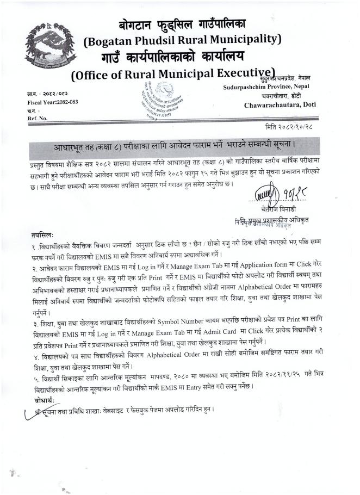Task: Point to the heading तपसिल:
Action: (42, 234)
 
